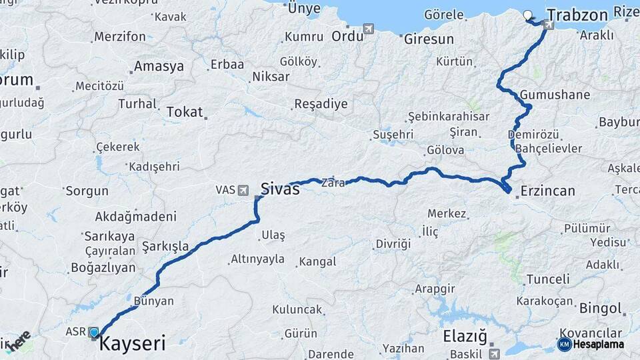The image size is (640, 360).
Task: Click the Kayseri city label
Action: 132,344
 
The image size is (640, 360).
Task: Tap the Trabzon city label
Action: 577,15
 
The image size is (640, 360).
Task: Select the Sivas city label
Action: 280,189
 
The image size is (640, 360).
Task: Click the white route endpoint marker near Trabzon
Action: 528,15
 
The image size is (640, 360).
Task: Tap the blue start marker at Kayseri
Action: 93,332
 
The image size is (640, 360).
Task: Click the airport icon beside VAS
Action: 243,190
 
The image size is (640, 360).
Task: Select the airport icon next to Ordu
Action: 369,29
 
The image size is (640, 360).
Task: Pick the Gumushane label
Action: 555,95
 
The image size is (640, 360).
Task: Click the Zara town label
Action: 333,181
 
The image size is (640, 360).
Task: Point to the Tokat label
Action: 185,112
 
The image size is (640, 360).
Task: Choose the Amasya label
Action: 159,67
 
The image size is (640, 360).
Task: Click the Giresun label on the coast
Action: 429,39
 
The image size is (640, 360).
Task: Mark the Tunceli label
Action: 548,279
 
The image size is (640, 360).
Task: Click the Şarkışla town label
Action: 165,246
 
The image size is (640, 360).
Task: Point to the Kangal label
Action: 318,262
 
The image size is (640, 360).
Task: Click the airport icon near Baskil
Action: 494,353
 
